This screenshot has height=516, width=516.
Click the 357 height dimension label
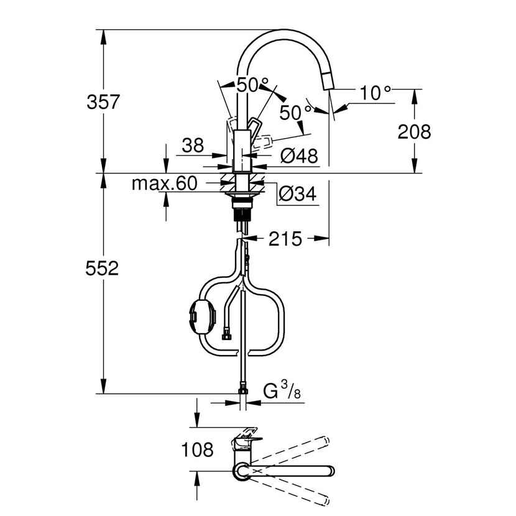103,102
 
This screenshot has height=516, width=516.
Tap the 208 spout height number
414,132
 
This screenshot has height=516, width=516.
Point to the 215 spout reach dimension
285,239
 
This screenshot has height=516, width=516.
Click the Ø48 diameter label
299,155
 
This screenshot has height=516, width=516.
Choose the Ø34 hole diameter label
298,193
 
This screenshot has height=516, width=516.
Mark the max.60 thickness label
164,183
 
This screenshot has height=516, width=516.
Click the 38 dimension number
193,145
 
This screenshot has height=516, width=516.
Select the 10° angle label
375,93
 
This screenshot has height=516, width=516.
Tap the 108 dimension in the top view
198,449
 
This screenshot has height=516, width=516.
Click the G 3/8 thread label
282,390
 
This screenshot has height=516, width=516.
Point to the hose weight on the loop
202,316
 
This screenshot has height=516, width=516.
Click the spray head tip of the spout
329,81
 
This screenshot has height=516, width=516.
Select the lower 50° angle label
295,113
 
